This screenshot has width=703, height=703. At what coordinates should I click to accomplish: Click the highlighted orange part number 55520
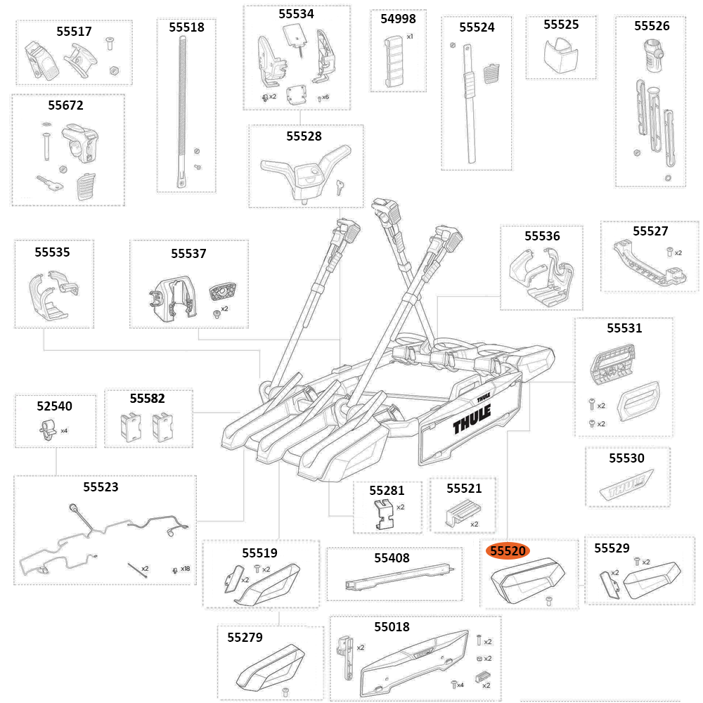(509, 551)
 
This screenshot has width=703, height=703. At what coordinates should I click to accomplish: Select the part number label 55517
(74, 32)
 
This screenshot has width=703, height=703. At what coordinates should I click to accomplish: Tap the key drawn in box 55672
(51, 184)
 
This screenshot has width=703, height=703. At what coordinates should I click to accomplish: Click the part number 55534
(296, 14)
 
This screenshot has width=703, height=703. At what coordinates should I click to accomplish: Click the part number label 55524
(477, 27)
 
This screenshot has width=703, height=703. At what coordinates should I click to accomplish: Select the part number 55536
(542, 236)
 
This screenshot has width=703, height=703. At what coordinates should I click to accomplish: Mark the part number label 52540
(54, 406)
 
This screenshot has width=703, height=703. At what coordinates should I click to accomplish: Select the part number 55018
(392, 626)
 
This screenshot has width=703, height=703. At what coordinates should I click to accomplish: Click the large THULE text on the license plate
(475, 423)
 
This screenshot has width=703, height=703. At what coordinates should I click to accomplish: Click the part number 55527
(650, 231)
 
